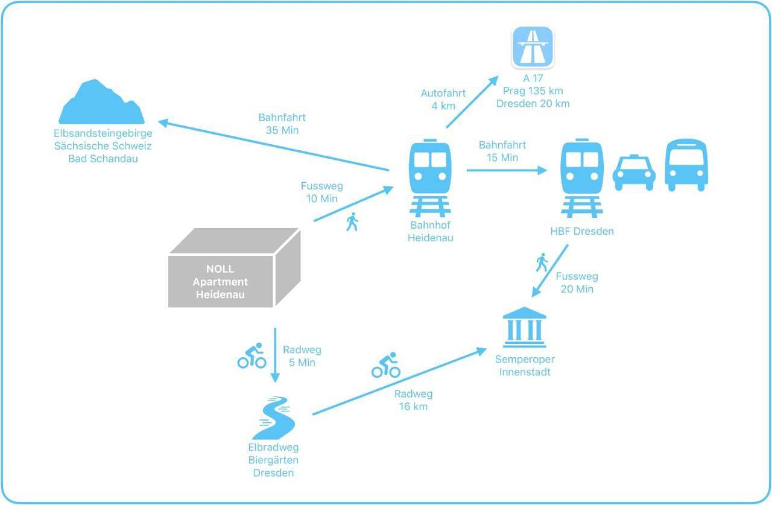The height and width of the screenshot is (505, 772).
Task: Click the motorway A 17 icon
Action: coord(533,46)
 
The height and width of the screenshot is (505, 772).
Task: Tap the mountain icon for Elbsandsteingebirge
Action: coord(102,102)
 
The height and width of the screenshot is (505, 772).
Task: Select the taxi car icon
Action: coord(634,173)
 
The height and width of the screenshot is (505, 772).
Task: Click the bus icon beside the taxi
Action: coord(686,165)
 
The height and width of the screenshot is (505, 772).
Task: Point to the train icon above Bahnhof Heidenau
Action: coord(430,178)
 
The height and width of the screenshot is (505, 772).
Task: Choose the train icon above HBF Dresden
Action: coord(582,178)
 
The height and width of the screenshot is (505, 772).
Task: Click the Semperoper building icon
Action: coord(524,327)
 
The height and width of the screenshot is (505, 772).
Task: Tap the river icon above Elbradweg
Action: coord(274,418)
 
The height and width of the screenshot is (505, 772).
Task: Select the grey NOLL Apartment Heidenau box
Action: coord(235,267)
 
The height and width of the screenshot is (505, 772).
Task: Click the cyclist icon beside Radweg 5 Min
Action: coord(252,355)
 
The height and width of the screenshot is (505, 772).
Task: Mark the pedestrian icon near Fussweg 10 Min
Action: coord(352,221)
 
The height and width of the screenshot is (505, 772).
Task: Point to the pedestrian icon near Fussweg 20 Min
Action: coord(542,262)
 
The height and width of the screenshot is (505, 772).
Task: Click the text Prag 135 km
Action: coord(533,91)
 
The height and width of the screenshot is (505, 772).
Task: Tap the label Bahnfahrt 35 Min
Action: coord(282,124)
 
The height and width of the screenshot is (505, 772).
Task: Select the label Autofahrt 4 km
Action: coord(443,100)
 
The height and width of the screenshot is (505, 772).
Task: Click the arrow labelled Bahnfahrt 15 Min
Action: coord(507,170)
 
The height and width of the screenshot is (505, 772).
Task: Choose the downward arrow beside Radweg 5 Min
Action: coord(275,355)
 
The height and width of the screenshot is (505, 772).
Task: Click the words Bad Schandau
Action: coord(103,159)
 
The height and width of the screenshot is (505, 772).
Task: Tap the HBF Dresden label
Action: coord(582,231)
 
